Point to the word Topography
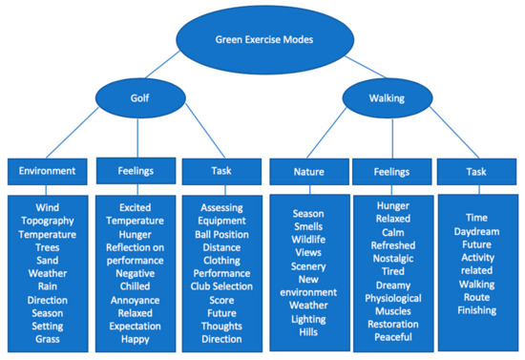(47, 219)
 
